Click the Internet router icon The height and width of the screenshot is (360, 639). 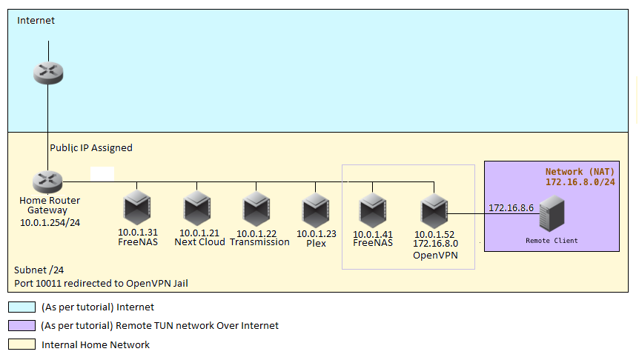coord(48,73)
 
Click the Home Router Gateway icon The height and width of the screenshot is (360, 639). coord(48,181)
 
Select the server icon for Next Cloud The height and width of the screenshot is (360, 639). coord(197,209)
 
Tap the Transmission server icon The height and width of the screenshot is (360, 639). coord(256,209)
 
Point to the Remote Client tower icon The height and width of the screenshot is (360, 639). coord(552,216)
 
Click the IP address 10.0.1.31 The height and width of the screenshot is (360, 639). coord(138,233)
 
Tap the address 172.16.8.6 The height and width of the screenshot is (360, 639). coord(511,208)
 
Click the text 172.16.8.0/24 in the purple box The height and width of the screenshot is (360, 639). coord(580,181)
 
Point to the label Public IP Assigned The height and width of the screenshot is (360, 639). coord(91,148)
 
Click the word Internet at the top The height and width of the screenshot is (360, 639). coord(36,21)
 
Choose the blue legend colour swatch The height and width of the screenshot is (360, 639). coord(21,307)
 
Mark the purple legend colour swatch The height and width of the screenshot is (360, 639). coord(21,325)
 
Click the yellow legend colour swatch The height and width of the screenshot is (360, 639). coord(21,344)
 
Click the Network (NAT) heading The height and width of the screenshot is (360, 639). coord(580,171)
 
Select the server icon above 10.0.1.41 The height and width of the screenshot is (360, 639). coord(371,210)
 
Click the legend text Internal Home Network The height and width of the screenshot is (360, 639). coord(96,344)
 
